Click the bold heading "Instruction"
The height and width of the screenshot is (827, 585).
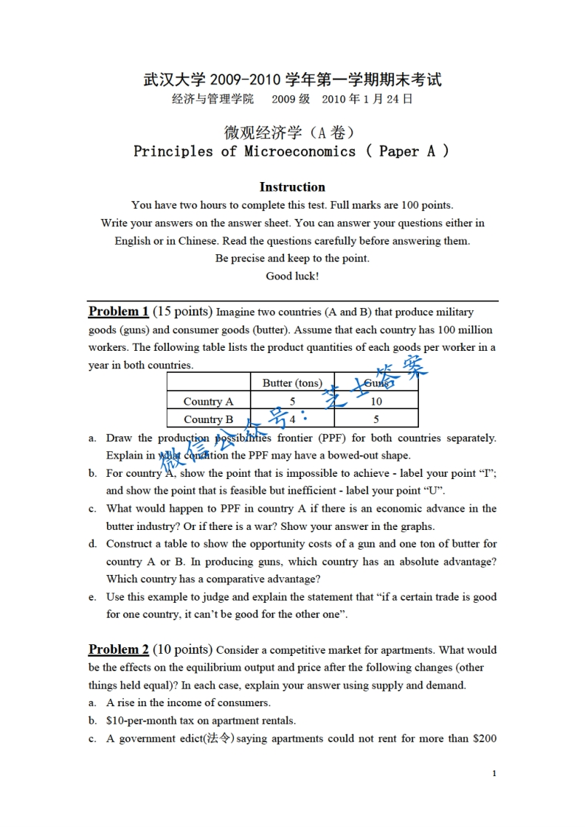click(292, 187)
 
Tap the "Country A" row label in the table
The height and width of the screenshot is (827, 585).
click(208, 401)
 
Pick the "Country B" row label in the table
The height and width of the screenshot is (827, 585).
click(208, 419)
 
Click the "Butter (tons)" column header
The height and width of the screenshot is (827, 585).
click(292, 383)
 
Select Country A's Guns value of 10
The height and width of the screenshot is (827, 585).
click(376, 401)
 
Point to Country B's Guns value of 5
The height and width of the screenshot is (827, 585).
click(376, 419)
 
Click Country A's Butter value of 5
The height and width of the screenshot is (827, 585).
click(292, 401)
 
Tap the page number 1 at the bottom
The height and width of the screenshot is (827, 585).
click(494, 773)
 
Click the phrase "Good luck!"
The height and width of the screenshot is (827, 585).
click(292, 276)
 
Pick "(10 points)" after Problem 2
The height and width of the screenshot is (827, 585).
click(182, 649)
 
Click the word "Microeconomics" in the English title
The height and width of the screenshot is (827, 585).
click(300, 152)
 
